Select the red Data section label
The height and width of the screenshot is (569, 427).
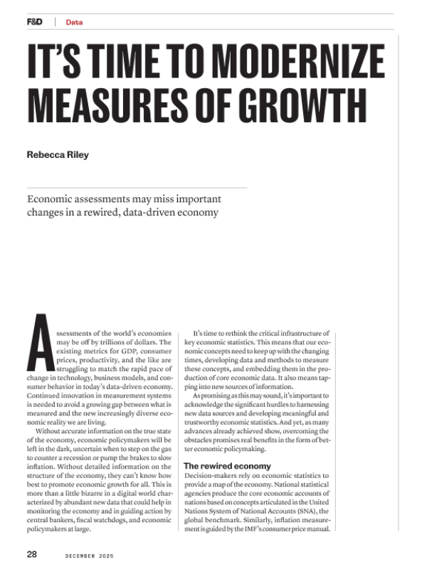74,22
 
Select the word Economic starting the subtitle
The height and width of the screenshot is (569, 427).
51,199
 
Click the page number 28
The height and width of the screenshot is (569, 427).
33,553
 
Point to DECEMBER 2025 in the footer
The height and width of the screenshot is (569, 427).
90,553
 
